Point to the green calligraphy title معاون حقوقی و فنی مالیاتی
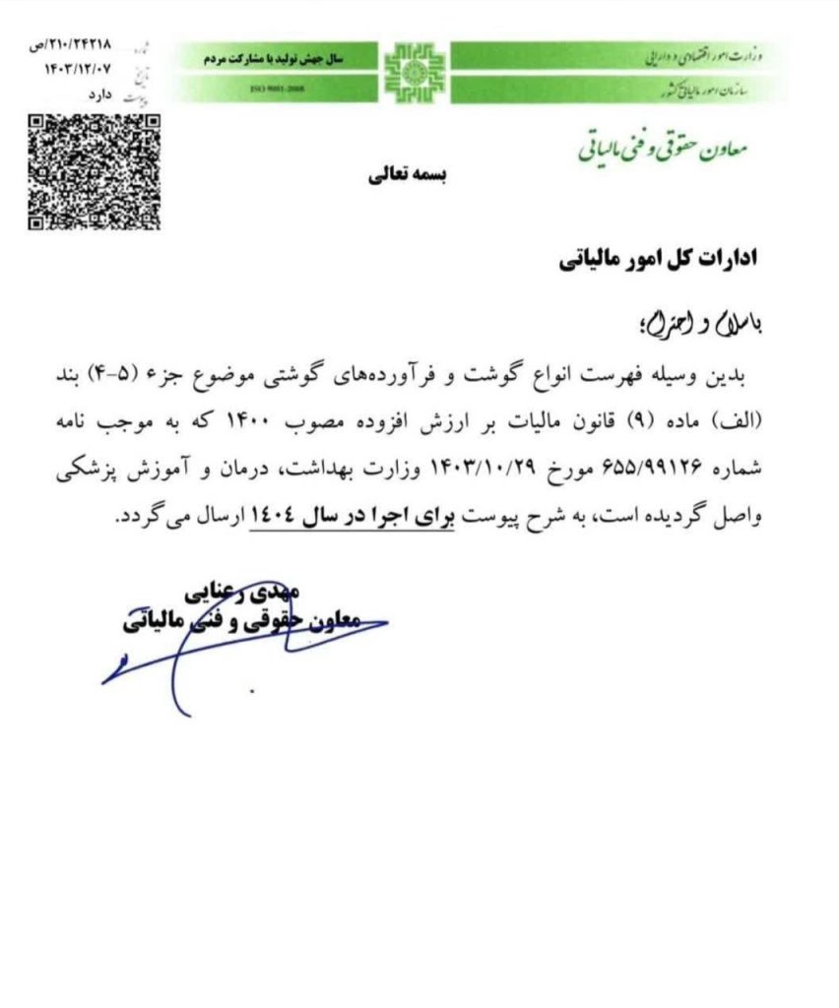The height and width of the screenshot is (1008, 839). coord(662,149)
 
